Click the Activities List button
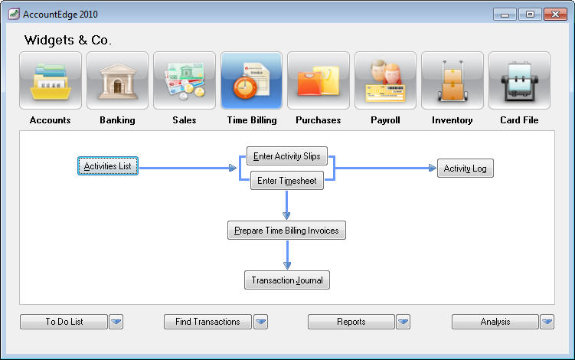(x=108, y=166)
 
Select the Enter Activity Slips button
(x=287, y=156)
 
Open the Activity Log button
(x=465, y=168)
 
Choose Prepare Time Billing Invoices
(x=286, y=230)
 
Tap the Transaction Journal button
(x=287, y=280)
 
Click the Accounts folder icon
(x=51, y=80)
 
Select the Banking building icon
(x=117, y=80)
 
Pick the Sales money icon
(x=185, y=80)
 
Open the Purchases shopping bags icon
(x=319, y=80)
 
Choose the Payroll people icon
(x=385, y=80)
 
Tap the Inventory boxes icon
(x=452, y=80)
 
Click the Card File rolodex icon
(x=519, y=80)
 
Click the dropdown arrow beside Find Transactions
(x=261, y=322)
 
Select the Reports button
(x=351, y=322)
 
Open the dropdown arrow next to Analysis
(x=547, y=322)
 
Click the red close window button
(x=556, y=15)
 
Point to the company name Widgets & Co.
(x=68, y=40)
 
